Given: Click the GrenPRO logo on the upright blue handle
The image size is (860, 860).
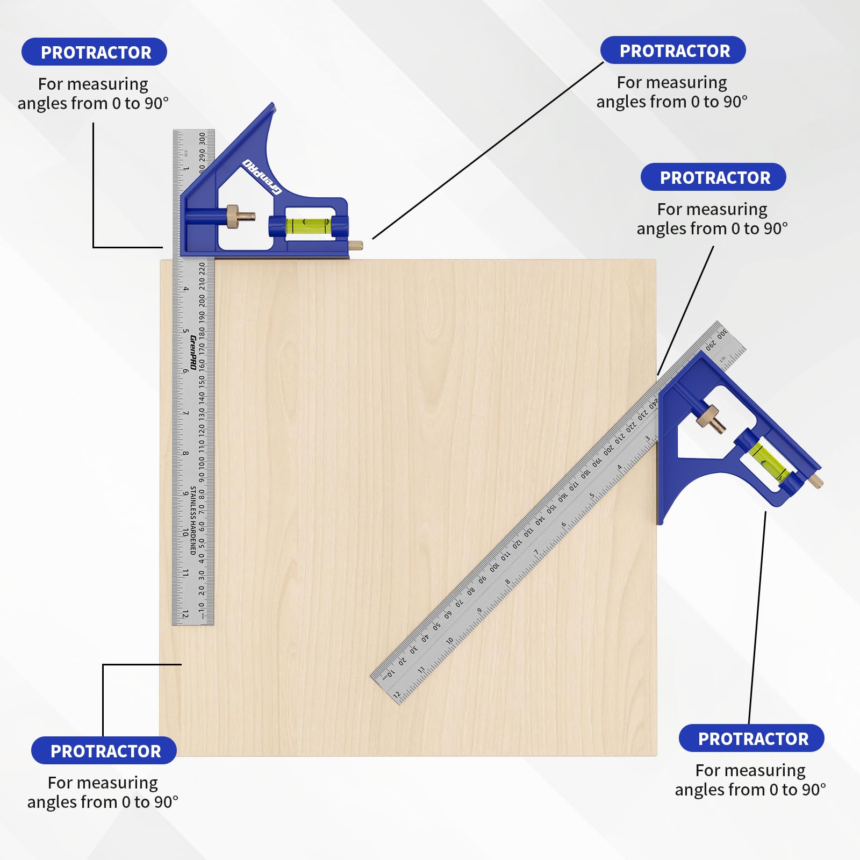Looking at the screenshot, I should (x=262, y=176).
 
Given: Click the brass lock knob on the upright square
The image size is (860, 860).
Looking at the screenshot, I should (x=234, y=216).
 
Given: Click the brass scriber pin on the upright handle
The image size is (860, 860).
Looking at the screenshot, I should (x=356, y=245).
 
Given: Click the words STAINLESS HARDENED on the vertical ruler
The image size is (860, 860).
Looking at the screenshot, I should (x=193, y=520).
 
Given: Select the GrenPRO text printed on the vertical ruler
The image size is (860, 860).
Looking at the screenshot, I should (x=193, y=352).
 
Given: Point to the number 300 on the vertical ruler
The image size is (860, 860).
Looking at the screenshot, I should (x=202, y=139).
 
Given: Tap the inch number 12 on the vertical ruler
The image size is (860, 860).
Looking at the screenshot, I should (x=185, y=613).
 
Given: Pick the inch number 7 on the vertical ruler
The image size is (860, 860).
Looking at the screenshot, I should (x=185, y=413).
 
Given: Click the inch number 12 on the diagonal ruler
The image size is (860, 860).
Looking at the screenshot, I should (x=397, y=694).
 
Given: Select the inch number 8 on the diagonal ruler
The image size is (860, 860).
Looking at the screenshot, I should (x=507, y=582).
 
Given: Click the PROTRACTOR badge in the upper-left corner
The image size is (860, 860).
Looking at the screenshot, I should (x=95, y=52).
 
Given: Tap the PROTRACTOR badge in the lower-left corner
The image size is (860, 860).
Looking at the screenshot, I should (x=104, y=750).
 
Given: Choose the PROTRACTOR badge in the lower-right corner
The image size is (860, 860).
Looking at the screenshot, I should (x=751, y=739).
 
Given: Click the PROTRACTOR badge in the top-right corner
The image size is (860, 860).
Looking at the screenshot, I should (x=673, y=51).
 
